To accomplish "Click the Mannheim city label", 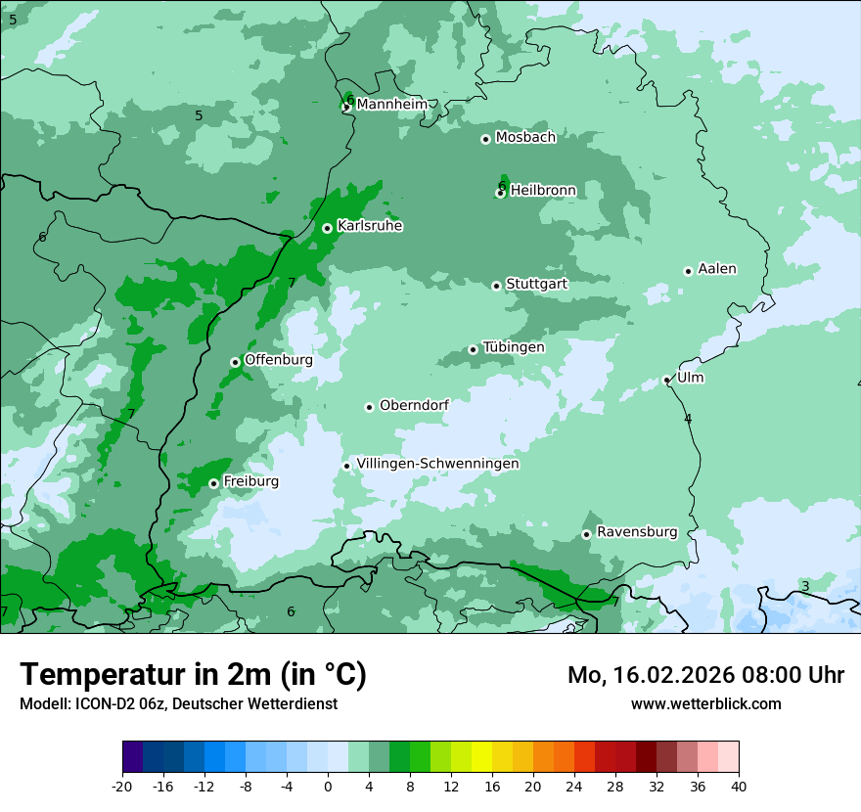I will [391, 104].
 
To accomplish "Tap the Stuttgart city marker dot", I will [496, 286].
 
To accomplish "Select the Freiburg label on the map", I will [250, 481].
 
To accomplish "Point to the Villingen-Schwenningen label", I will [437, 464].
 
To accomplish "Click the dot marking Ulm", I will [666, 380].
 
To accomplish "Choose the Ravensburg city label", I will [636, 532].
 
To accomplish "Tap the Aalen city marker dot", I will [688, 271].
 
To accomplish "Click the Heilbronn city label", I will [542, 190].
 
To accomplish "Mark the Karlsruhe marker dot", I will [327, 228].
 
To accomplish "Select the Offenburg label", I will [278, 360].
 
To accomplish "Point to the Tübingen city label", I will [513, 347].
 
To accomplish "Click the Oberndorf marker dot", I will [369, 407].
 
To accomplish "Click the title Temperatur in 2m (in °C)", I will [193, 674].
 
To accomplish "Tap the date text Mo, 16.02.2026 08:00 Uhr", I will [705, 675].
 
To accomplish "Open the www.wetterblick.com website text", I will [705, 703].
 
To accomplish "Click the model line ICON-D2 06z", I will [178, 703].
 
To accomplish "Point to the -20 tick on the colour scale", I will [122, 786].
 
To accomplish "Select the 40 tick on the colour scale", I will [739, 786].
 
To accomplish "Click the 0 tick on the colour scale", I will [328, 786].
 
